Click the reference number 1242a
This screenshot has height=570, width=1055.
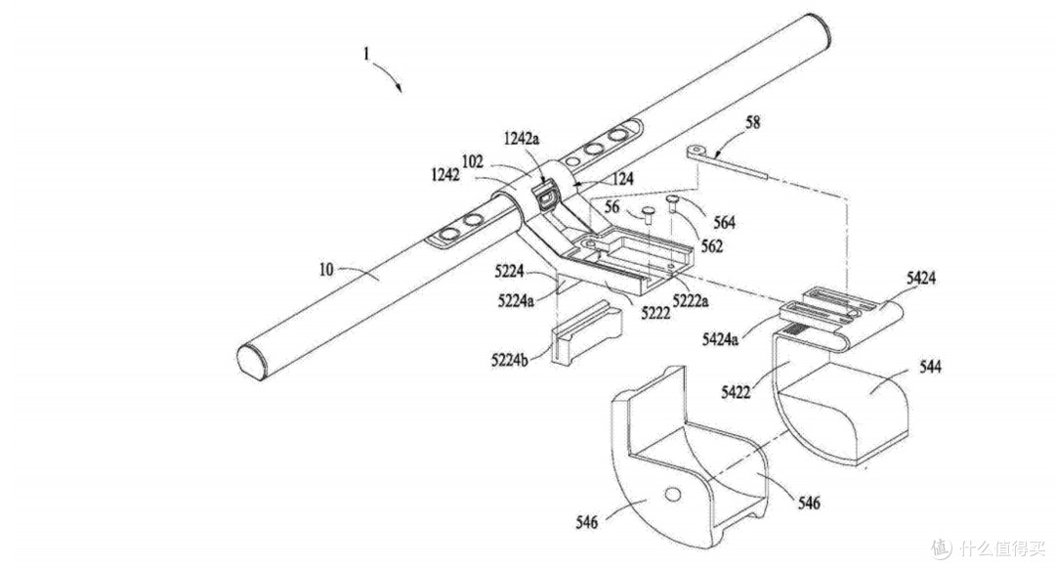click(522, 140)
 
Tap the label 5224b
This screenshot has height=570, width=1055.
click(509, 360)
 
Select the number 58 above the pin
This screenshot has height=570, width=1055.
click(752, 122)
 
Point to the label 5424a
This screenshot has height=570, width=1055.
click(720, 339)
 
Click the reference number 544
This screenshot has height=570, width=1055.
click(930, 367)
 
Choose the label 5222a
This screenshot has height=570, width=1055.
click(691, 300)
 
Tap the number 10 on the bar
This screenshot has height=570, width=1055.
click(326, 270)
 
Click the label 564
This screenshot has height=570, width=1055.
click(724, 222)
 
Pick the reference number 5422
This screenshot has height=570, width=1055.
click(736, 392)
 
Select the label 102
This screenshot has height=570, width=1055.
click(473, 161)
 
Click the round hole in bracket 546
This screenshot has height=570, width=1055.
click(671, 496)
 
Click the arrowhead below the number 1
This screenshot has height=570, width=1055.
click(399, 87)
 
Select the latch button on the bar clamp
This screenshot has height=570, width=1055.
click(546, 197)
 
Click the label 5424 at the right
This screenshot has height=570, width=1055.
click(921, 278)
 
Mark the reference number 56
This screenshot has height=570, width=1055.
click(612, 207)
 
